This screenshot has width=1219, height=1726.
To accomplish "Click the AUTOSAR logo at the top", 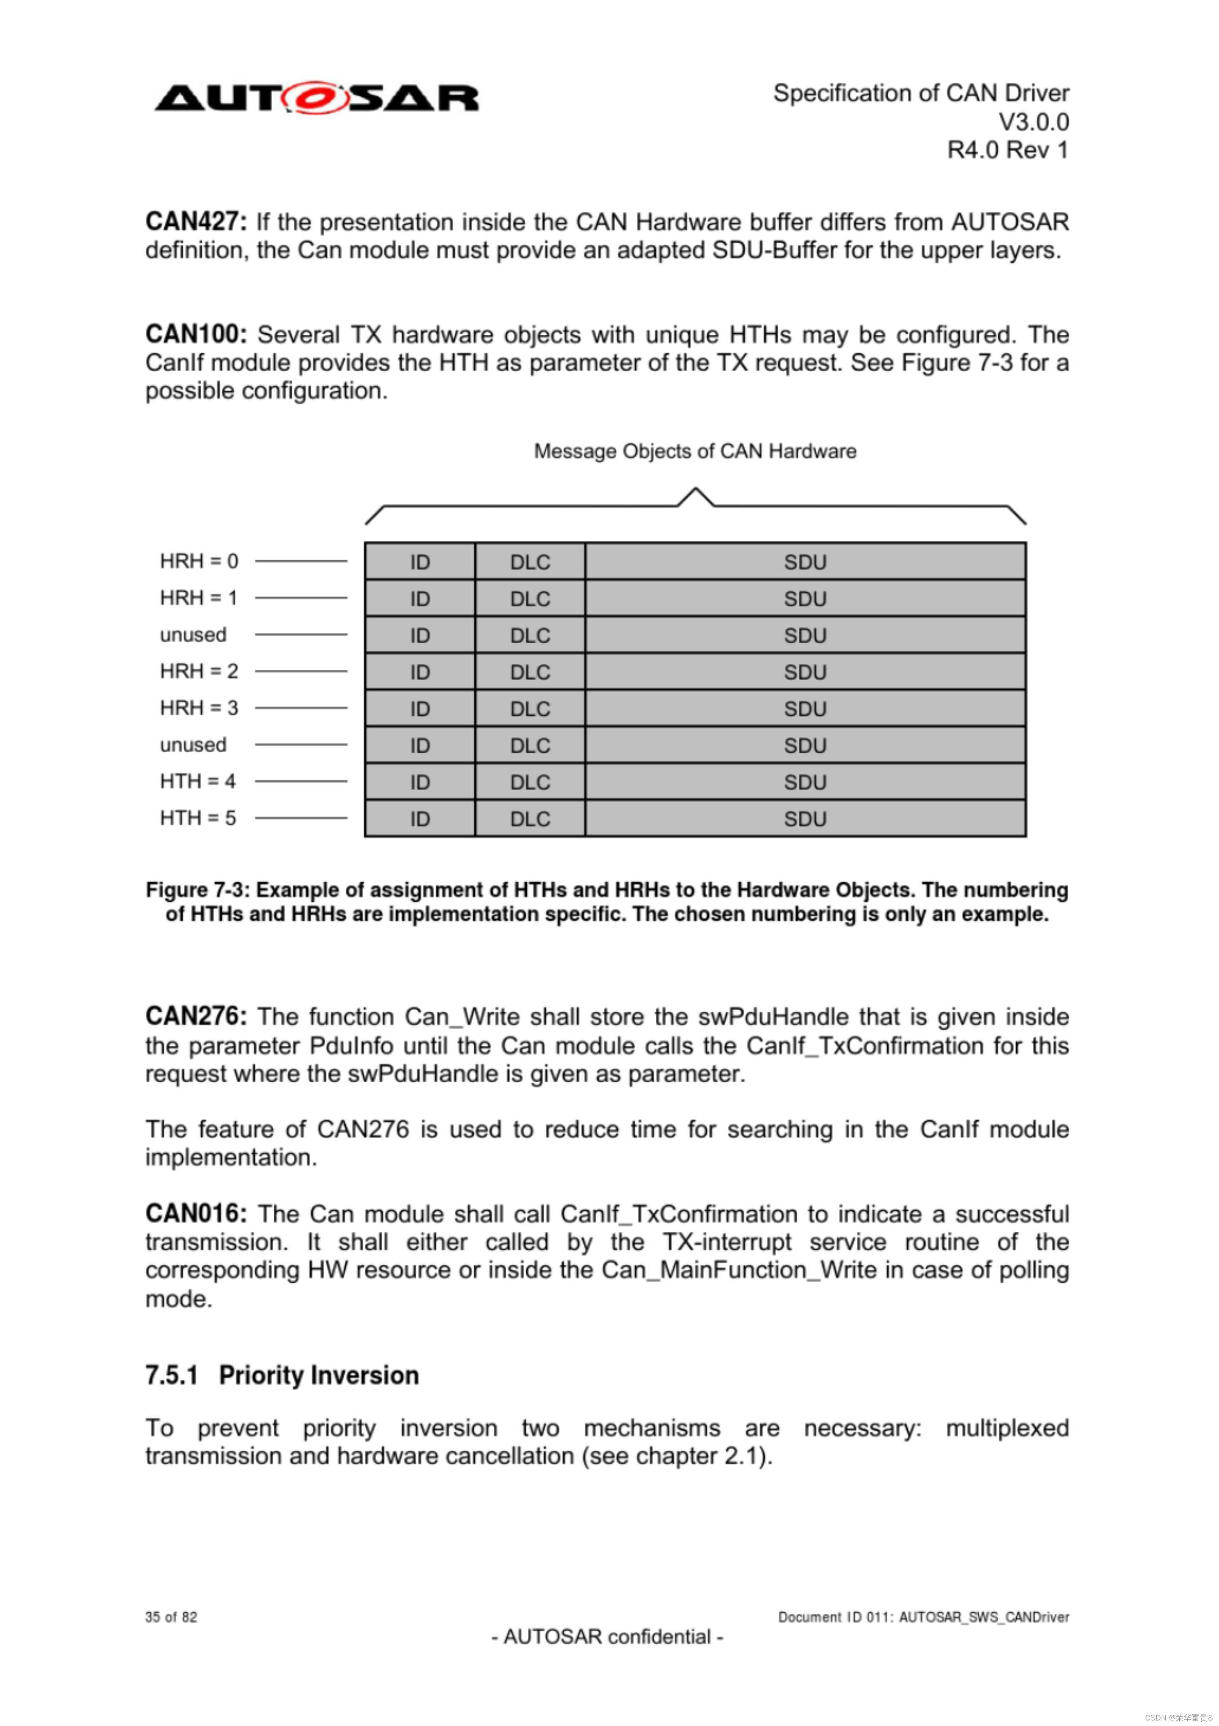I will pos(316,99).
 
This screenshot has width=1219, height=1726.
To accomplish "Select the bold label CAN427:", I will pos(196,222).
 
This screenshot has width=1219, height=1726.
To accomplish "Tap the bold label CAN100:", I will pos(196,334).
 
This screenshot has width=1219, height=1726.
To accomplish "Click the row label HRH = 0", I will pos(199,562).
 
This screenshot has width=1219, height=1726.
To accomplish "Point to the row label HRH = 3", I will pos(199,708).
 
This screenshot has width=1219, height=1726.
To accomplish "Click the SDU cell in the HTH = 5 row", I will pos(805,819).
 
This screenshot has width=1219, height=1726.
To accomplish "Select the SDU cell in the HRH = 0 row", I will pos(805,562).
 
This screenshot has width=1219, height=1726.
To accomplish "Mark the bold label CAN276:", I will pos(196,1017).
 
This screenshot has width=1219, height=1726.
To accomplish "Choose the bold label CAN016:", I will pos(196,1214).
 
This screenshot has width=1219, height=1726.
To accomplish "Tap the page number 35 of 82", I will pos(171,1617).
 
